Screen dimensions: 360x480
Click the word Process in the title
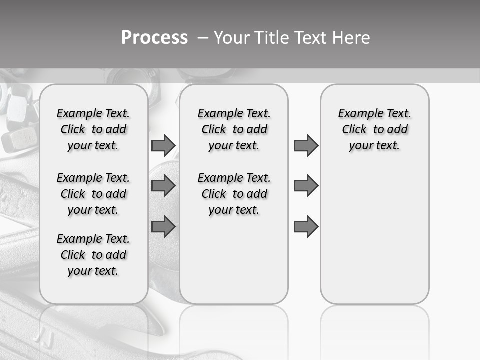pyautogui.click(x=154, y=38)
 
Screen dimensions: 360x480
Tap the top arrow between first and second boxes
pyautogui.click(x=163, y=145)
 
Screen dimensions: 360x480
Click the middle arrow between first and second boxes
pyautogui.click(x=163, y=186)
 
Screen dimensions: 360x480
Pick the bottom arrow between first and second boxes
pyautogui.click(x=163, y=226)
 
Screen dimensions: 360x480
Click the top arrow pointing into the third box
pyautogui.click(x=306, y=145)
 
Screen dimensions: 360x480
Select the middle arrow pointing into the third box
pyautogui.click(x=306, y=186)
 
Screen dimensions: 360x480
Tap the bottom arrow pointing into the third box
pyautogui.click(x=306, y=226)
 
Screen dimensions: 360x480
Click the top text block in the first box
pyautogui.click(x=93, y=129)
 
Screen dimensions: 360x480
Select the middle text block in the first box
pyautogui.click(x=93, y=194)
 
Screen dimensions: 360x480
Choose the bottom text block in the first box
pyautogui.click(x=93, y=255)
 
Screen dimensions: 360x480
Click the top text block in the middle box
pyautogui.click(x=234, y=129)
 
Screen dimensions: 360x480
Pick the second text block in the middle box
pyautogui.click(x=234, y=194)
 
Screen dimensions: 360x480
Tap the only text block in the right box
pyautogui.click(x=375, y=129)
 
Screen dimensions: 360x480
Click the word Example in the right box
pyautogui.click(x=357, y=113)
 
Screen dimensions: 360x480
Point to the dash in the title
pyautogui.click(x=202, y=38)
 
